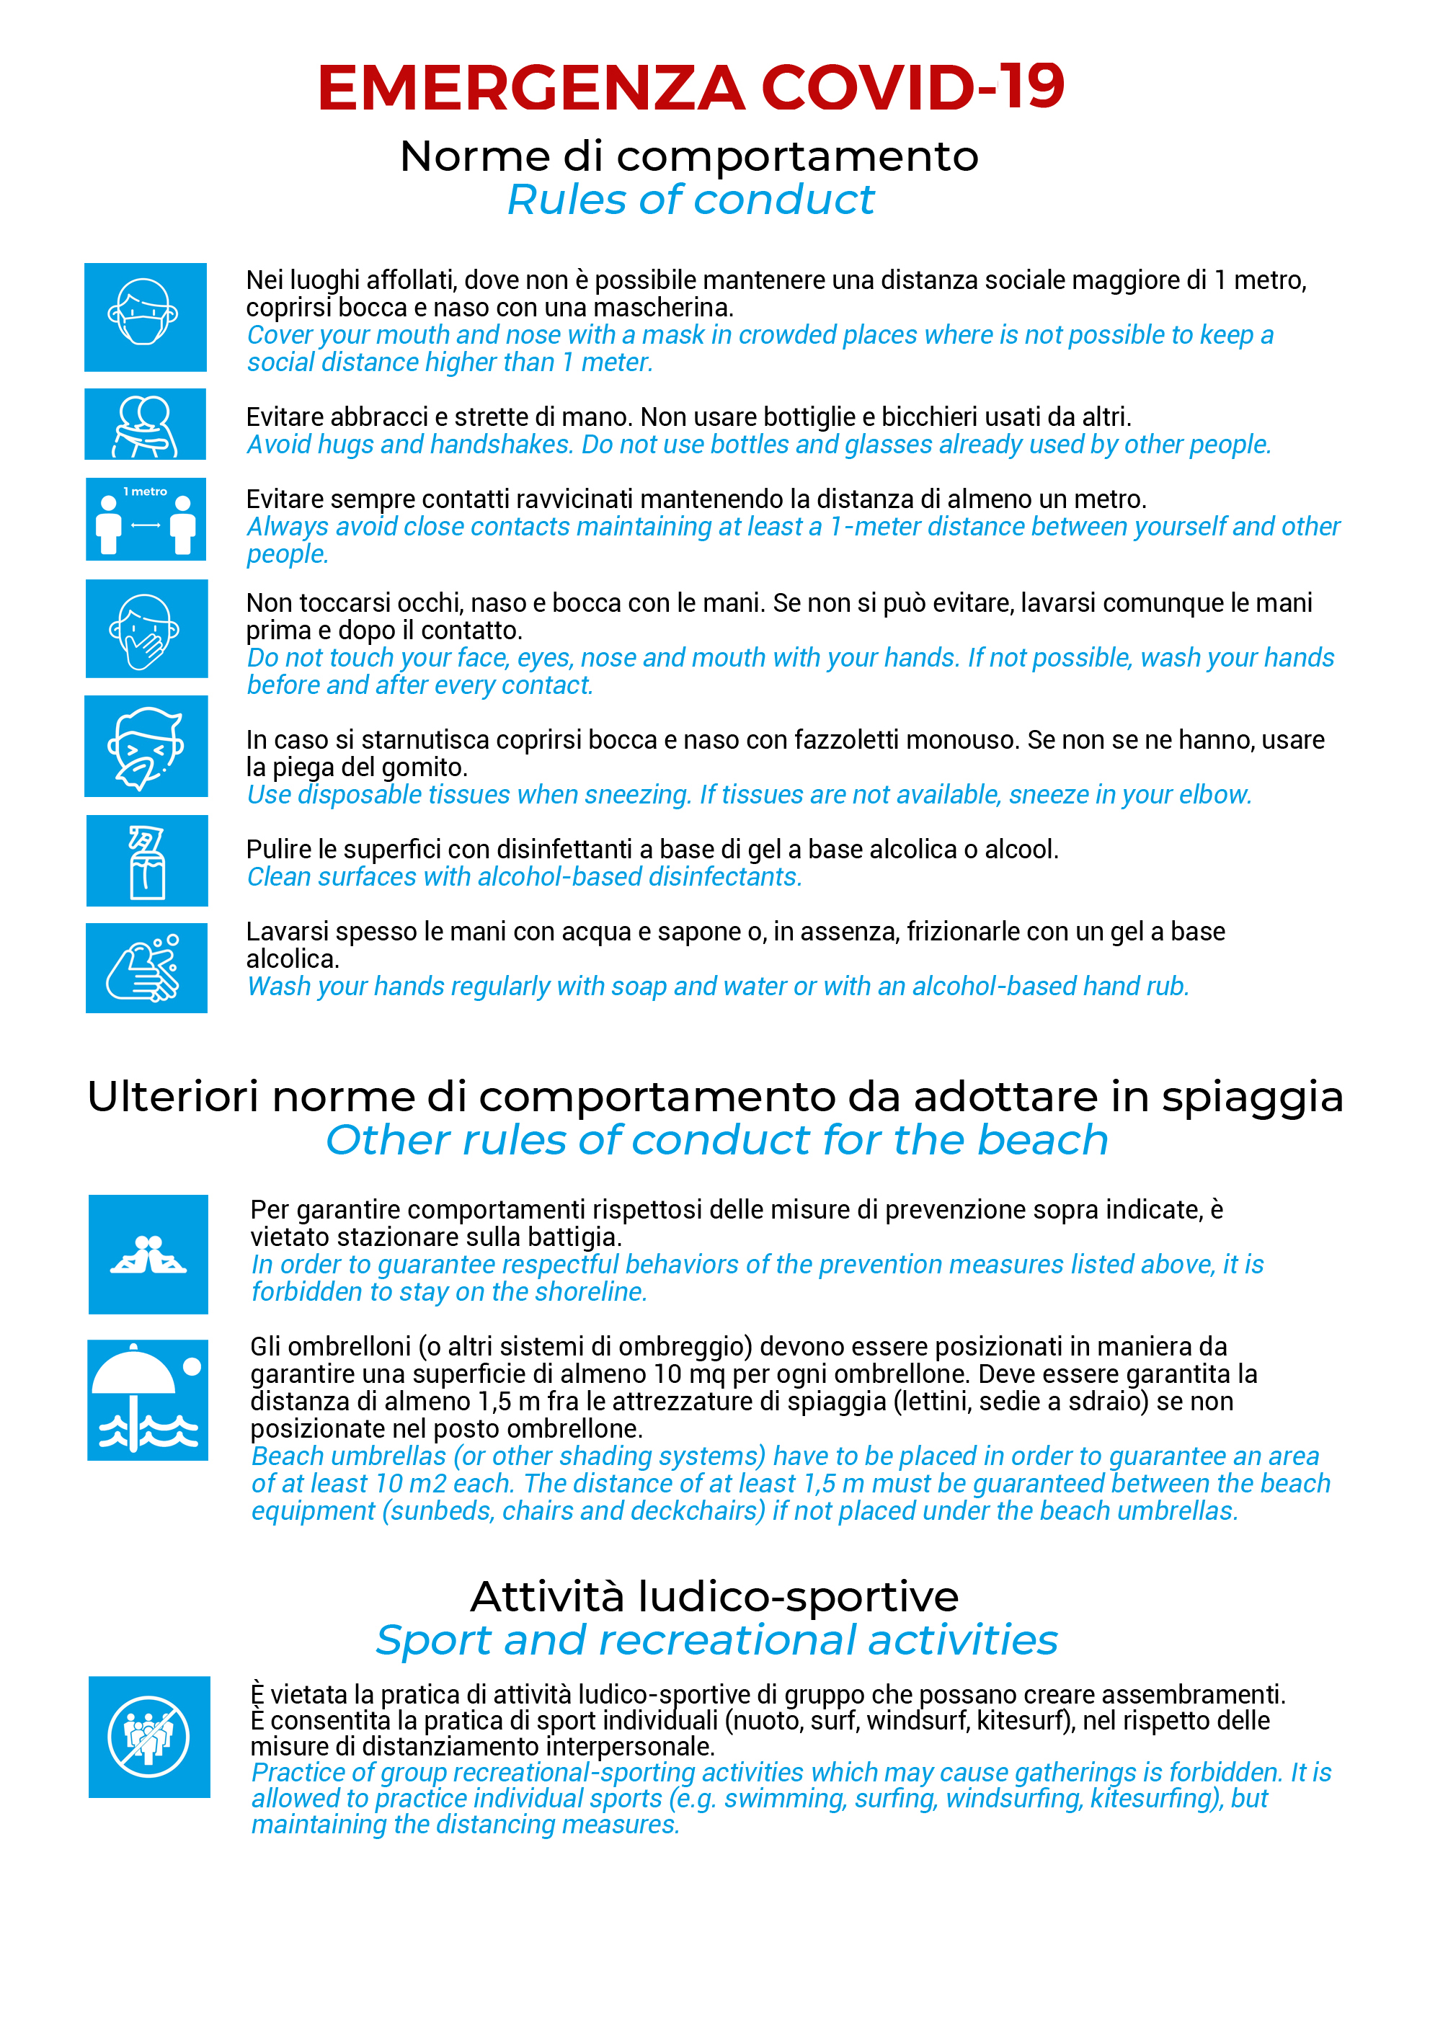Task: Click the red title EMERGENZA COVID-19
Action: tap(690, 87)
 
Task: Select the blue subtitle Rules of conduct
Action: tap(690, 200)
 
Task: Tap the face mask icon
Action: tap(145, 317)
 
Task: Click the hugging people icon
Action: tap(145, 424)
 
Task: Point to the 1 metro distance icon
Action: tap(145, 520)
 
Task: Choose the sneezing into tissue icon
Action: tap(146, 747)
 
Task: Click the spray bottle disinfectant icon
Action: tap(147, 860)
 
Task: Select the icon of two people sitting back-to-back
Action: tap(148, 1254)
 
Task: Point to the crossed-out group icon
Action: tap(148, 1736)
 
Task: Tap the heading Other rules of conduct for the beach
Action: tap(716, 1140)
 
